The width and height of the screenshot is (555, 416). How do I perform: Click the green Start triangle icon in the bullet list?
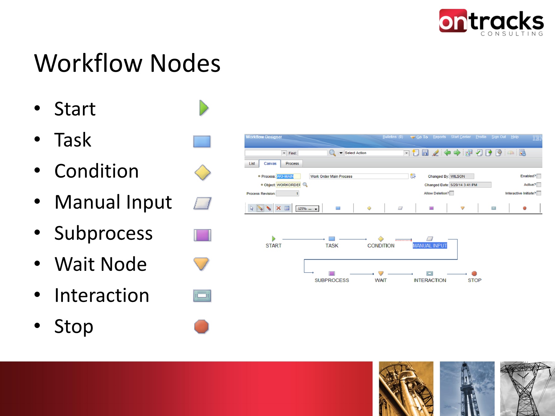[203, 108]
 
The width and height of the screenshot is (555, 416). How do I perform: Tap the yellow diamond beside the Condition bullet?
[203, 172]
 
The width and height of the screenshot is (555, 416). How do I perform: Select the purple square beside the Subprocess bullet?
[202, 235]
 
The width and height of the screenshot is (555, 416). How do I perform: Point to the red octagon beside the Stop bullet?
[201, 327]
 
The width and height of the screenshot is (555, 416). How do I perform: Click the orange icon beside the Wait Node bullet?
[201, 264]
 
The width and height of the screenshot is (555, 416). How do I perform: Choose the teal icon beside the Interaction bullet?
[202, 296]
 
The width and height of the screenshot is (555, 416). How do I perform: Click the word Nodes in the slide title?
[185, 63]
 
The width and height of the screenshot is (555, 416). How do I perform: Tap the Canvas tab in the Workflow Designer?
[270, 164]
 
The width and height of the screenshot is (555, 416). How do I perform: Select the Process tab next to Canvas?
[292, 164]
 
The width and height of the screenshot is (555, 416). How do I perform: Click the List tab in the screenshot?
[252, 164]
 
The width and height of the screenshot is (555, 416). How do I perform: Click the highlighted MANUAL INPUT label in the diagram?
[430, 246]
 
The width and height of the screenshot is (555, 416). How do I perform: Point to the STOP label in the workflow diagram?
[475, 280]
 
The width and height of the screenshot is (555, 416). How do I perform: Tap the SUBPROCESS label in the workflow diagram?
[332, 280]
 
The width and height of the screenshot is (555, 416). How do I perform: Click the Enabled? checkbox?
[539, 176]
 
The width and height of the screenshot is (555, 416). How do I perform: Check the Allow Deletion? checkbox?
[452, 193]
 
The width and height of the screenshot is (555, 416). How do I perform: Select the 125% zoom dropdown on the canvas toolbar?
[307, 209]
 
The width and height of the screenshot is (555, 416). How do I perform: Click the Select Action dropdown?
[376, 153]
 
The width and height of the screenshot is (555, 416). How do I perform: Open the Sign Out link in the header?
[499, 137]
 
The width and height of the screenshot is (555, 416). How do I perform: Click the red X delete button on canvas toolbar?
[278, 208]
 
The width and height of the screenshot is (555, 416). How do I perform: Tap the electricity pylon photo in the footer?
[528, 389]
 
